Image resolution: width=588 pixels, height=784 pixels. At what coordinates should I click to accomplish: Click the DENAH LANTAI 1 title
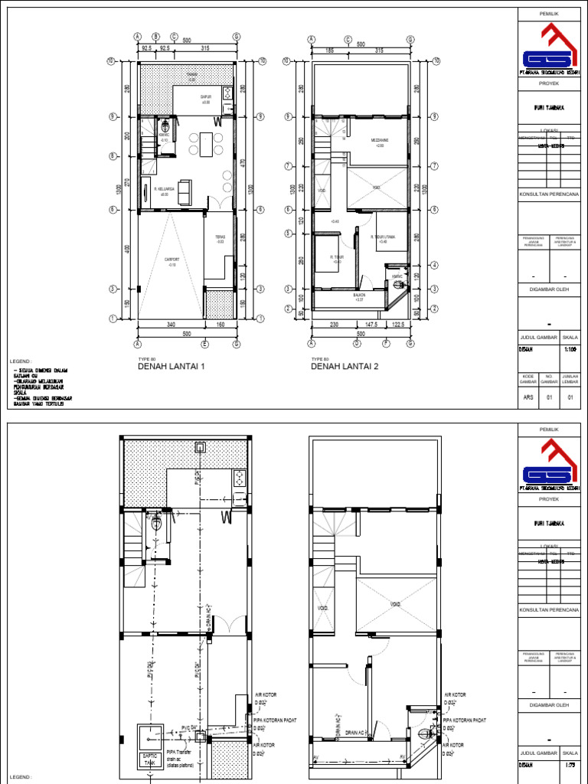coord(171,367)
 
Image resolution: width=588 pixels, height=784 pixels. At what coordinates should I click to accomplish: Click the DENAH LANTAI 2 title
coord(345,367)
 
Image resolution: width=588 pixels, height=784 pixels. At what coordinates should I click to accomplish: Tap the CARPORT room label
coord(172,261)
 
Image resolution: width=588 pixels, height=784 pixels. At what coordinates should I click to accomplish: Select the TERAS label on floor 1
coord(220,239)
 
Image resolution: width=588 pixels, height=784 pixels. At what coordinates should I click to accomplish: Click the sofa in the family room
coord(185,193)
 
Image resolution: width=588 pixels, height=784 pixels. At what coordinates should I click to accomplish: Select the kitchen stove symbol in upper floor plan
coord(227,93)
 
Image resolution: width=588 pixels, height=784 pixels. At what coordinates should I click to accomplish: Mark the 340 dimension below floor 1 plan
coord(170,325)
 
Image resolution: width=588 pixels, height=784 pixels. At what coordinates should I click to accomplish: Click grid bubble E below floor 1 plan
coord(204,343)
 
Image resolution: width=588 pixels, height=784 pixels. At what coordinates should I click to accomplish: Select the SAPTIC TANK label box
coord(149,758)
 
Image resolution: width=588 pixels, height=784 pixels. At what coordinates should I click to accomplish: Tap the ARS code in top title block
coord(528,397)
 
